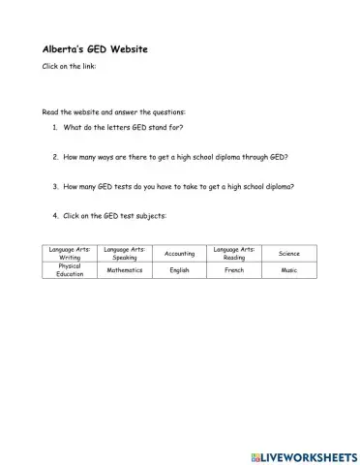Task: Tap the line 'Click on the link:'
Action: (x=68, y=66)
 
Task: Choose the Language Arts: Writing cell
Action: (x=70, y=254)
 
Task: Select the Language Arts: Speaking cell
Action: (x=125, y=254)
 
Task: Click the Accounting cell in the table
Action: (x=179, y=254)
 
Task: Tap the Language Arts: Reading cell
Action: (x=234, y=254)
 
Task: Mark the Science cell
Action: (x=289, y=254)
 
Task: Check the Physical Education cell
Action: (x=70, y=270)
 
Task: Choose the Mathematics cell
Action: (x=125, y=270)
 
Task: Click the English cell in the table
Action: (x=179, y=270)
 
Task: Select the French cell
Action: (x=234, y=270)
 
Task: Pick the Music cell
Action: (x=289, y=270)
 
